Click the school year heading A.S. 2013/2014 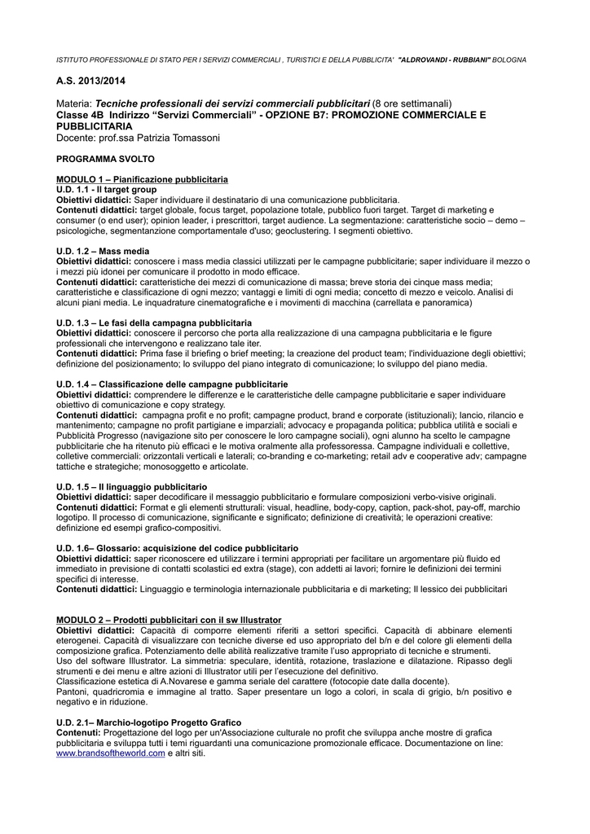[91, 81]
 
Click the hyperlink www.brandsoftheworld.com [110, 753]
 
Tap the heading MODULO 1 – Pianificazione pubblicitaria [142, 178]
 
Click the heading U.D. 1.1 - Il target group [106, 189]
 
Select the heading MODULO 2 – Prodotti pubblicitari [169, 619]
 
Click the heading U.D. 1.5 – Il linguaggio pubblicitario [131, 486]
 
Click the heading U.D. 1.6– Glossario [177, 548]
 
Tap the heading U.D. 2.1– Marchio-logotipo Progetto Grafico [148, 722]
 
